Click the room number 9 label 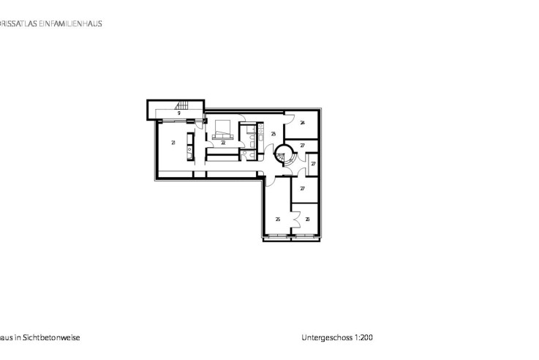point(178,113)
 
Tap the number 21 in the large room point(173,143)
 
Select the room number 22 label point(223,143)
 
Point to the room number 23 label point(273,134)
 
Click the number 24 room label point(302,123)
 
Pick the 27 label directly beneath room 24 point(302,146)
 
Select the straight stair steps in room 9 point(181,106)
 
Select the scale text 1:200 point(363,338)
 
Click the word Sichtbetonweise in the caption point(53,338)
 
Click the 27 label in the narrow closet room point(313,164)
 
